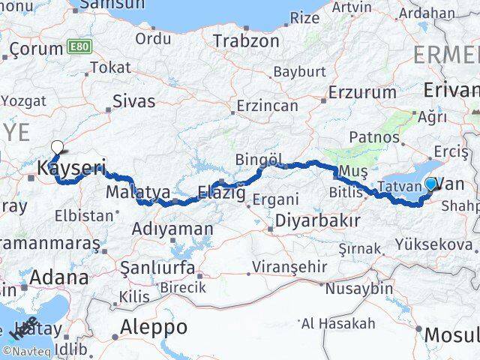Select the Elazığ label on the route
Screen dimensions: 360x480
[x=221, y=192]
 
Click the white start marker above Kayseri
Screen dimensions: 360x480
[x=56, y=147]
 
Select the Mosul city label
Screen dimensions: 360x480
[x=451, y=334]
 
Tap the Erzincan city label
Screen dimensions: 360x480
[x=266, y=106]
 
